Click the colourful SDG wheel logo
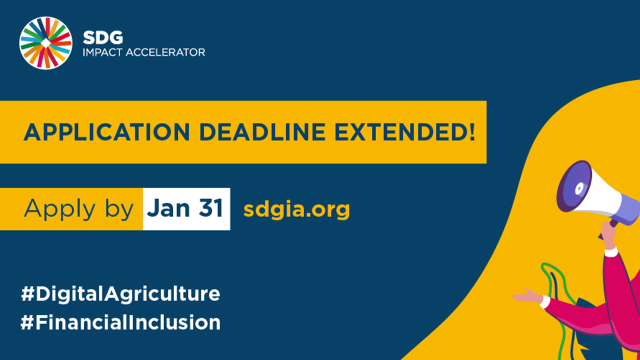[x=45, y=43]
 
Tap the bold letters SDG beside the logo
[x=103, y=37]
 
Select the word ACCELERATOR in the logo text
[x=165, y=52]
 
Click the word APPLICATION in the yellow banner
[x=107, y=132]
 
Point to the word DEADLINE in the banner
[x=262, y=132]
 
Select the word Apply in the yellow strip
[x=59, y=209]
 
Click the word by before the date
[x=119, y=209]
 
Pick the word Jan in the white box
[x=168, y=208]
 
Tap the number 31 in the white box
[x=211, y=208]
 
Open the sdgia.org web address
[x=296, y=209]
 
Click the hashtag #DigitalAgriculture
[x=120, y=293]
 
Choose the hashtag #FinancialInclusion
[x=120, y=322]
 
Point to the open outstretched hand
[x=527, y=296]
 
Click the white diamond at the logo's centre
[x=45, y=43]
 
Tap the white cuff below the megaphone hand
[x=611, y=252]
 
